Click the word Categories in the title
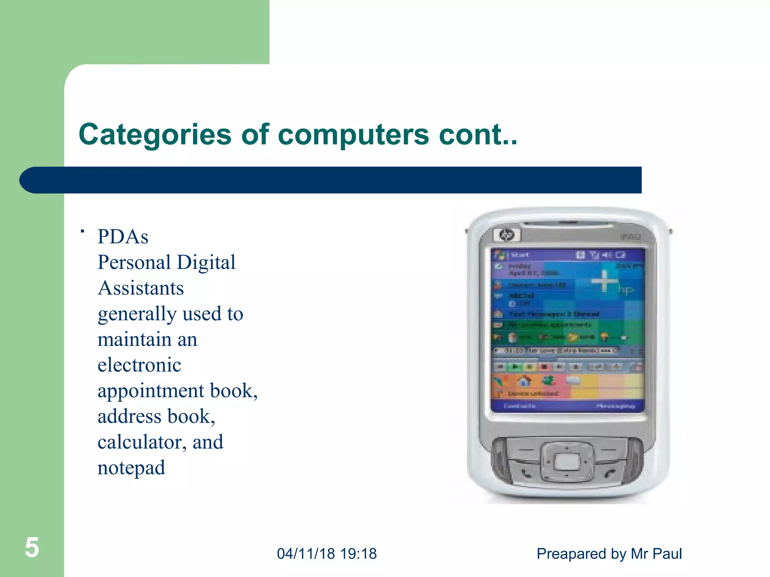click(x=155, y=135)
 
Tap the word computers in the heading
click(x=353, y=135)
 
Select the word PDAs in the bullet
click(x=123, y=237)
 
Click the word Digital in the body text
click(x=206, y=262)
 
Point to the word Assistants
click(x=141, y=288)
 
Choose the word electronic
click(x=139, y=365)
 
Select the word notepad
click(x=131, y=468)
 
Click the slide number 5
click(x=32, y=547)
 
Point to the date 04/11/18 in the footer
click(x=306, y=554)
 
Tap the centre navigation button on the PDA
click(x=567, y=462)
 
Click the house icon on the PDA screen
click(x=524, y=381)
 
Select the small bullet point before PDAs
click(x=82, y=231)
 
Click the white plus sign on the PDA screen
click(x=604, y=281)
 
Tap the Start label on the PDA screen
click(x=520, y=255)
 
